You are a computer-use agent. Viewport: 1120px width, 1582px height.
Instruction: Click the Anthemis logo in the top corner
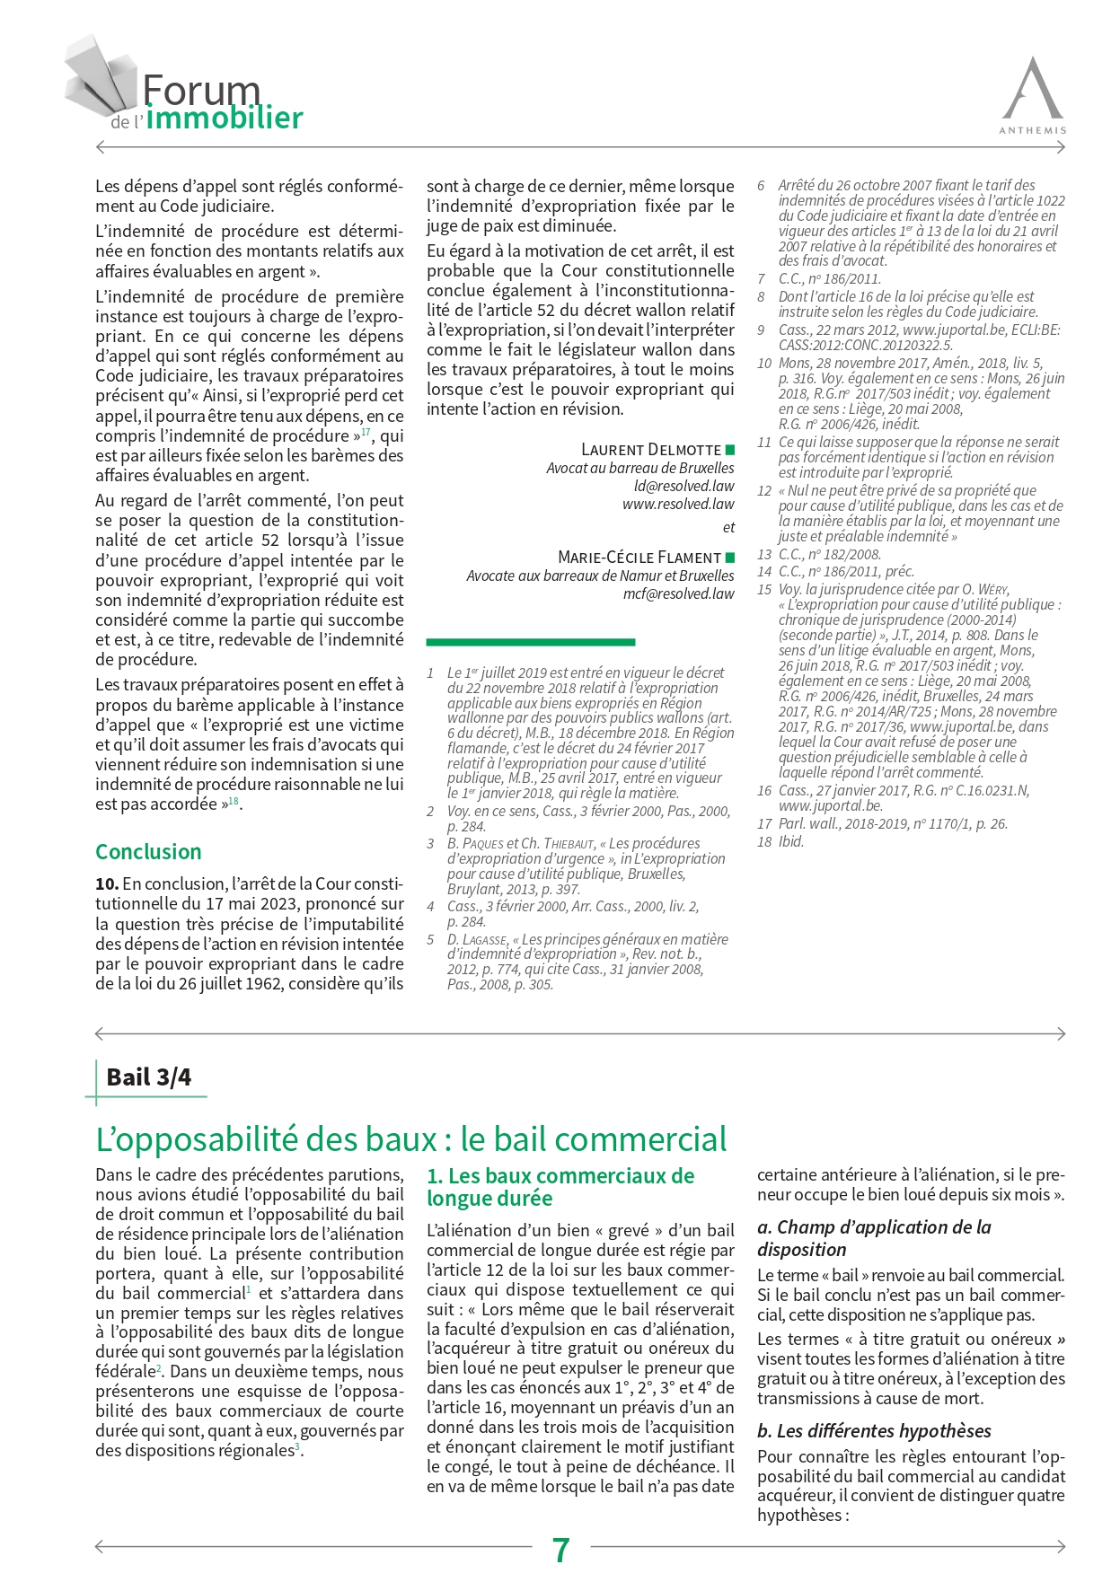1033,94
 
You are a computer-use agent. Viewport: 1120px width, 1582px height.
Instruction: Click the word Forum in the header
201,90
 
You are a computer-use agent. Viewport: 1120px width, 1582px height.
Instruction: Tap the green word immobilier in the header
225,118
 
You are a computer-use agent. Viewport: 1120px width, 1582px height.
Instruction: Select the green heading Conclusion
148,851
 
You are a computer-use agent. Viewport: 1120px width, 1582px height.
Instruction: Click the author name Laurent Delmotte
651,449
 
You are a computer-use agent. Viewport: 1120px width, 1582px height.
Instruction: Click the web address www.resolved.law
678,504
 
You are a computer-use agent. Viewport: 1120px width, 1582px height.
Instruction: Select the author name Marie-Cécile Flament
639,557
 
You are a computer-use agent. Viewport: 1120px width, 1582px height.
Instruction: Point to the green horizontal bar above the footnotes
530,642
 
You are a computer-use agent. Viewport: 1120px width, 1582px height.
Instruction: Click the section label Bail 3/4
148,1077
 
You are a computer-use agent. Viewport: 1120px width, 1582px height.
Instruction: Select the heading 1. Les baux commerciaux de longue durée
560,1187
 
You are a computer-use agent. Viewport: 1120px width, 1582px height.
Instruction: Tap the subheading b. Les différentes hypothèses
874,1430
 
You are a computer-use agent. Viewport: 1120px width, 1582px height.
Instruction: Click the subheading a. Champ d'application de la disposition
874,1238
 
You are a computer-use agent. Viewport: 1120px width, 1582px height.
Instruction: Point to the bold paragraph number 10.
106,883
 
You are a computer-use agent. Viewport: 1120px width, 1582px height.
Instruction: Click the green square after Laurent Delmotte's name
729,449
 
